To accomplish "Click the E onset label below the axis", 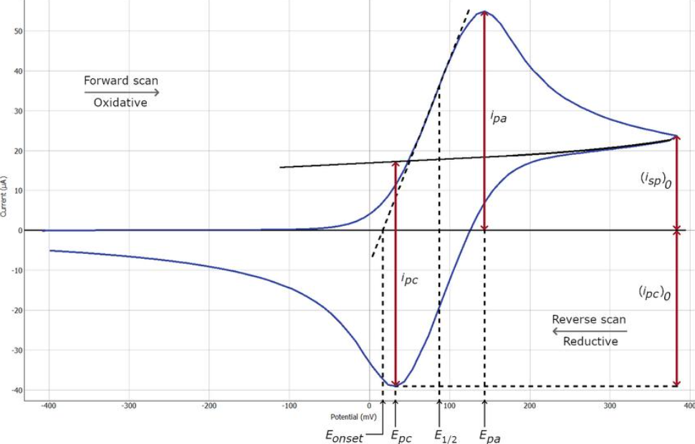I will click(x=345, y=435).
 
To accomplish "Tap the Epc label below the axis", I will click(x=401, y=435).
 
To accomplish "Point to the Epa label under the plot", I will click(x=489, y=435).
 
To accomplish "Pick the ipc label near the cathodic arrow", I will click(x=409, y=279).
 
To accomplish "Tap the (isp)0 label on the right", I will click(x=655, y=179).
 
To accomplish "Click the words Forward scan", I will click(x=121, y=80).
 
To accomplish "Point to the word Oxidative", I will click(x=120, y=103).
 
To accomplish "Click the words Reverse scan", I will click(x=588, y=319).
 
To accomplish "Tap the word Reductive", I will click(x=590, y=341).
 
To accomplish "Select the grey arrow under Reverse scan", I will click(x=589, y=331).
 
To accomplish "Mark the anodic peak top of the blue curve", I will click(x=484, y=11).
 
